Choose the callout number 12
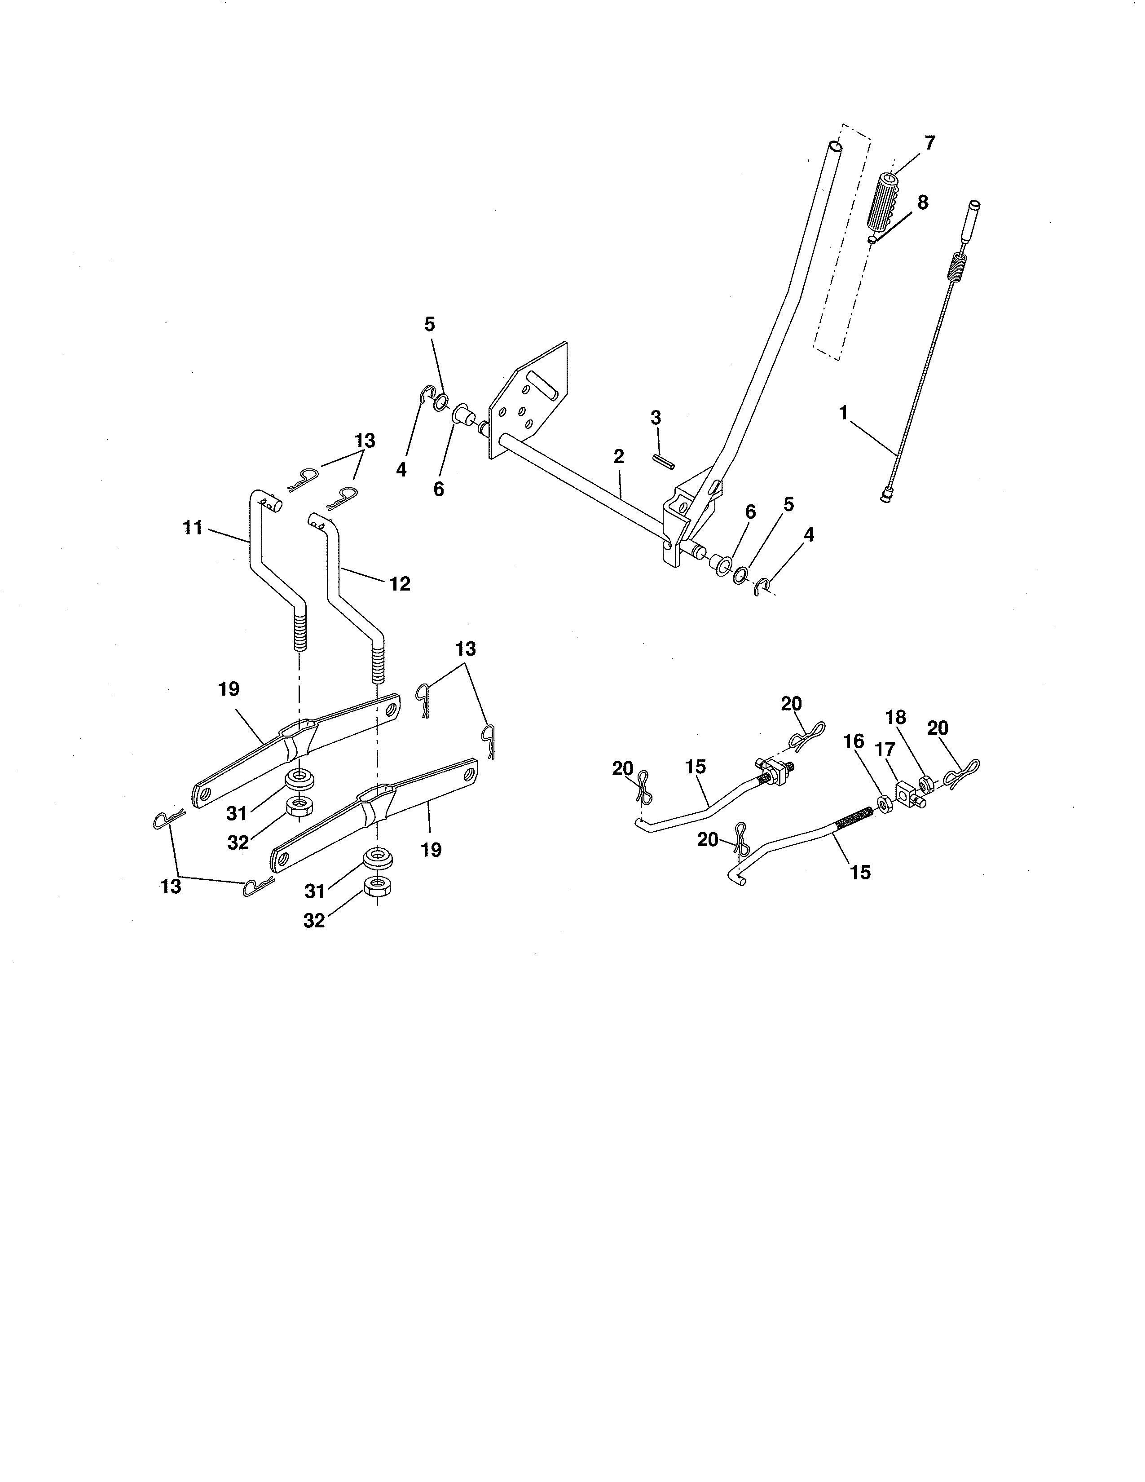[x=400, y=583]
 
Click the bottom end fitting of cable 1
[x=886, y=498]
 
